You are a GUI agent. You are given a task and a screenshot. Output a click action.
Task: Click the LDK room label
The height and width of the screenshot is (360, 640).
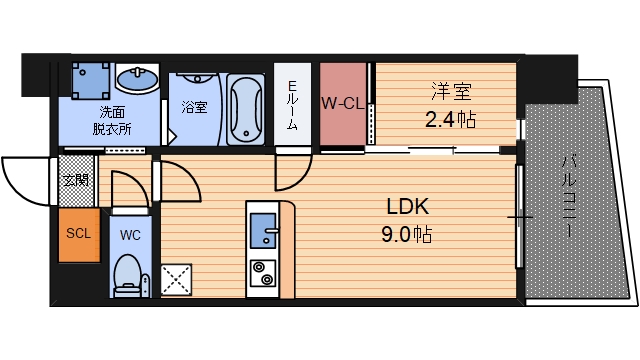[x=408, y=208]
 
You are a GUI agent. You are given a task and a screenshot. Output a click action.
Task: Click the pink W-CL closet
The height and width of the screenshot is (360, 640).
[x=343, y=103]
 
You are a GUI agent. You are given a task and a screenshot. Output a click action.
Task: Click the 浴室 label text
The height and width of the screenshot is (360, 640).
[x=194, y=107]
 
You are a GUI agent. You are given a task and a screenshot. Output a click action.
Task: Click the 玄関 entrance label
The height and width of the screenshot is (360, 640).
[x=75, y=181]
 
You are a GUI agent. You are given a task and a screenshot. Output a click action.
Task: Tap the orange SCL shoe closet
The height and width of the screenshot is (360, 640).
[x=78, y=235]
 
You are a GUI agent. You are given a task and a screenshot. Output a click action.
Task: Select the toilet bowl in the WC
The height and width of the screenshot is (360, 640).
[x=128, y=273]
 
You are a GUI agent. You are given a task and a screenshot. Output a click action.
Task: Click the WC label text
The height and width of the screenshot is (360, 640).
[x=129, y=236]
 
